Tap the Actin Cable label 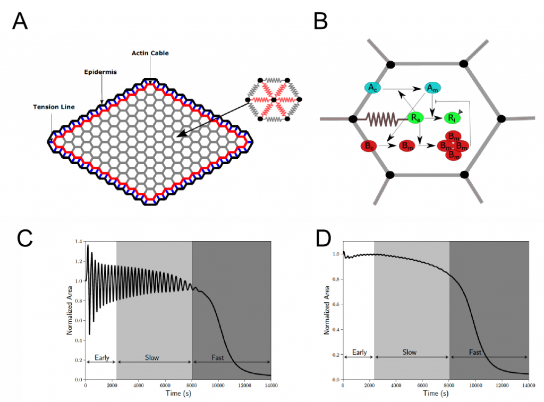(150, 53)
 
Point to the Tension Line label (51, 107)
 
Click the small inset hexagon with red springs (273, 99)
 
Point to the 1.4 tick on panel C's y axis (79, 242)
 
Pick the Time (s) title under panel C (178, 394)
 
